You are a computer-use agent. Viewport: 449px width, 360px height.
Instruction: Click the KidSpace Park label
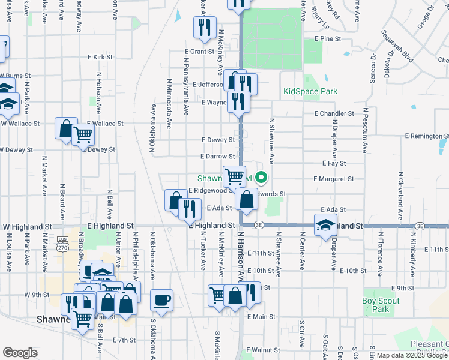point(310,92)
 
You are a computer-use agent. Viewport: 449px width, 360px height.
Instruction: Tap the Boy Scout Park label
point(376,305)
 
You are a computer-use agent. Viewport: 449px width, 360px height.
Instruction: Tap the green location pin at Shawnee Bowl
point(261,177)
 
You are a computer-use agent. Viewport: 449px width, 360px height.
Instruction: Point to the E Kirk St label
point(100,56)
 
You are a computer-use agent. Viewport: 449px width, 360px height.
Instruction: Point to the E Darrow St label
point(217,156)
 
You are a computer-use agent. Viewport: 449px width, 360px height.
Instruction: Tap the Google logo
point(20,353)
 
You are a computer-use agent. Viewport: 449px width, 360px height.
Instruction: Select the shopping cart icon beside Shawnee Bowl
point(234,176)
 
